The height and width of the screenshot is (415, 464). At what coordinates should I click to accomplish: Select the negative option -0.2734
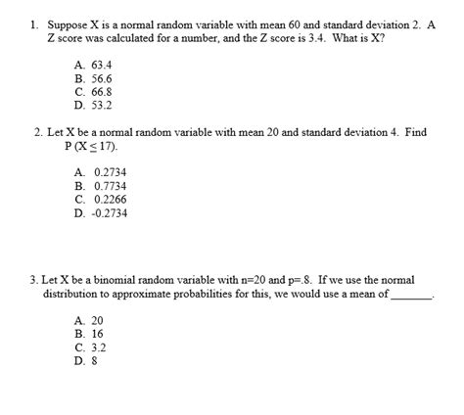coord(109,212)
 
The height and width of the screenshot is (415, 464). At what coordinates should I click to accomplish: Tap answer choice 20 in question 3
coord(96,320)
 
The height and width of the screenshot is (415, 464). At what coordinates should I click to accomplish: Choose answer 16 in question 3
coord(96,333)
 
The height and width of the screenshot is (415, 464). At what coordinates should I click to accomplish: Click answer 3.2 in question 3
coord(97,346)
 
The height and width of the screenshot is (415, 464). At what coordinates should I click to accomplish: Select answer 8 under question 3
coord(93,360)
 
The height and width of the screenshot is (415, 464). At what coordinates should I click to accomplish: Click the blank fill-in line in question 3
coord(410,297)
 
